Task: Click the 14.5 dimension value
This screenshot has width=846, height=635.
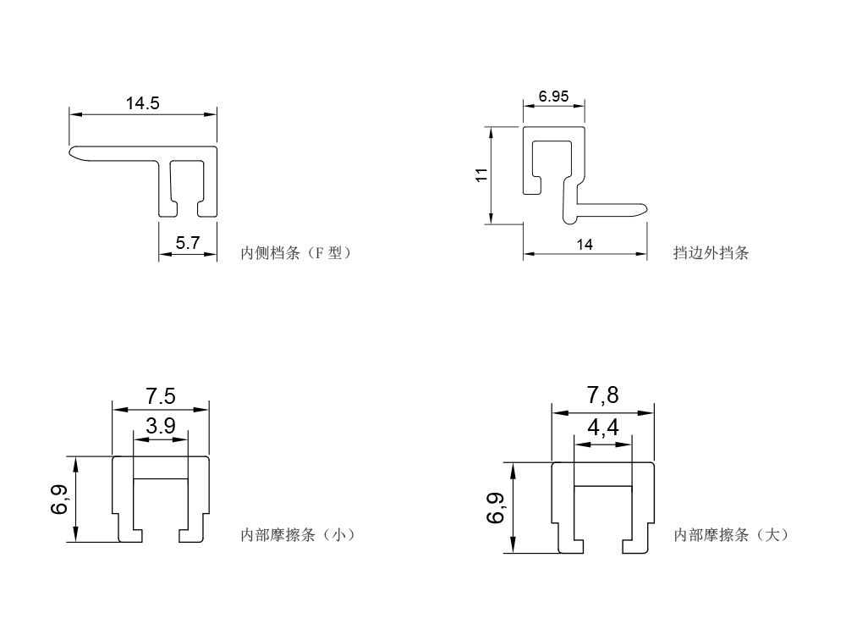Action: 143,104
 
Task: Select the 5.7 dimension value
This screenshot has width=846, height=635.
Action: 187,243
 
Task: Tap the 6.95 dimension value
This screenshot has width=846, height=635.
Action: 554,97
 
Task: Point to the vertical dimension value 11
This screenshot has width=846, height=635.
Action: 481,175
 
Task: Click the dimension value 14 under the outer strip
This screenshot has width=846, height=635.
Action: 585,244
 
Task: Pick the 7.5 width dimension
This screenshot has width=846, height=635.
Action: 160,396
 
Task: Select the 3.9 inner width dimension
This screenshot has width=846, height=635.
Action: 160,426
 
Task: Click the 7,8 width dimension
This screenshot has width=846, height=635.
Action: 602,395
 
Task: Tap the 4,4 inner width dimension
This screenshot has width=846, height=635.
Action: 602,428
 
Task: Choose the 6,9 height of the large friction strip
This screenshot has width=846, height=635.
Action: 496,507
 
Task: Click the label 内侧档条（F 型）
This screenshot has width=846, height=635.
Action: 295,252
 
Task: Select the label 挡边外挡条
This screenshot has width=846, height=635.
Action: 711,252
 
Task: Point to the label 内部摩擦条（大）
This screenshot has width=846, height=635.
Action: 731,534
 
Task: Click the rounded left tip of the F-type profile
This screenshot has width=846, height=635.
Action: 73,152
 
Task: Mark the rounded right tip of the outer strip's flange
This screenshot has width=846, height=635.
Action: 645,207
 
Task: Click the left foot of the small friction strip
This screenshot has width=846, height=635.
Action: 130,536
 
